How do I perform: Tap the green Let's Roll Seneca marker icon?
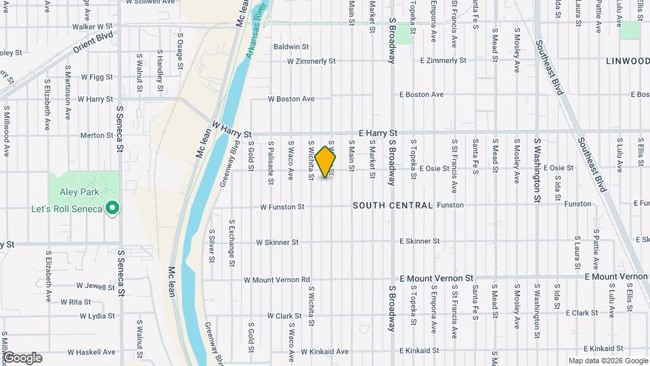click(x=113, y=208)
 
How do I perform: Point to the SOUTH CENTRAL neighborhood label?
click(x=393, y=205)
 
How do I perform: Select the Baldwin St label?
click(x=291, y=47)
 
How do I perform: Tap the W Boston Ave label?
click(x=291, y=99)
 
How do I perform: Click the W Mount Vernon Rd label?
click(x=276, y=279)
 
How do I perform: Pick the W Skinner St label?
click(x=277, y=242)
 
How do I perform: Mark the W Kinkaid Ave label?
click(x=324, y=352)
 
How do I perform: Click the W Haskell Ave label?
click(x=91, y=352)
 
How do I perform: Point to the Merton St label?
click(x=97, y=136)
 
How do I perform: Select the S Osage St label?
click(x=180, y=50)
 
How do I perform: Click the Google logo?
click(x=22, y=358)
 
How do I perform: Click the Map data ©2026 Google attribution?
click(x=607, y=361)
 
